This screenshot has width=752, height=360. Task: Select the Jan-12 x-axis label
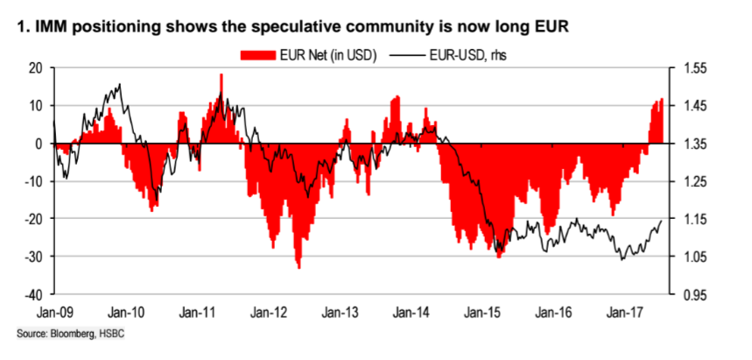267,312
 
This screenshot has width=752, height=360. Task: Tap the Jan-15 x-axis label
481,312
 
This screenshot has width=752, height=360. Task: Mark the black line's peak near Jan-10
119,84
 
